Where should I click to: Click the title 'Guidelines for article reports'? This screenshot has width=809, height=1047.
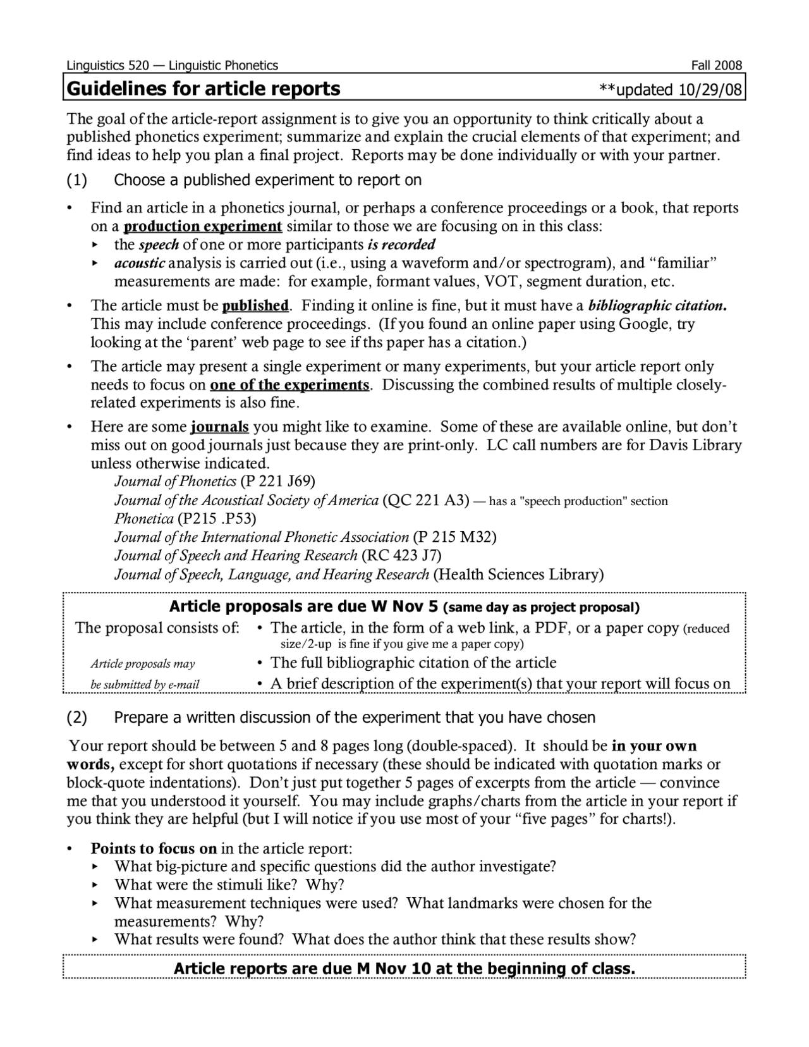pos(204,89)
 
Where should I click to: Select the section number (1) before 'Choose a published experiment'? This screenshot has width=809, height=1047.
pos(76,180)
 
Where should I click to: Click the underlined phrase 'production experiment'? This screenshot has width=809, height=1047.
pos(203,226)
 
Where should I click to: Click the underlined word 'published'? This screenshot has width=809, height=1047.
pos(255,306)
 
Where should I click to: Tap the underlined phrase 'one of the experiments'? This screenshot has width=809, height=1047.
pos(289,385)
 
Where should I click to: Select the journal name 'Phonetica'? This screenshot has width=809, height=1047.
pos(143,519)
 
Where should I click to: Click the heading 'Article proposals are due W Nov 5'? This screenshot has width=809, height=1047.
pos(303,607)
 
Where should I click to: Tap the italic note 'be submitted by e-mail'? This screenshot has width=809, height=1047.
pos(145,684)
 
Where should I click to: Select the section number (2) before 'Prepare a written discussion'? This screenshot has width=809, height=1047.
pos(76,718)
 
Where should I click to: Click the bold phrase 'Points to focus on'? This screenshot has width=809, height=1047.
pos(154,848)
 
